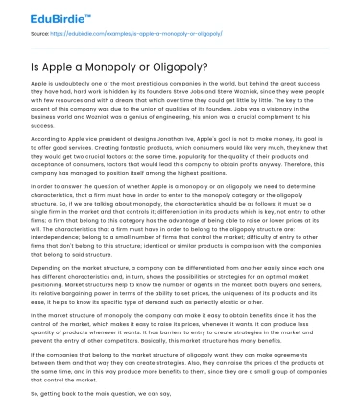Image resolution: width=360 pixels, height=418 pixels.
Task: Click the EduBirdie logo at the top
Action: [x=37, y=13]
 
